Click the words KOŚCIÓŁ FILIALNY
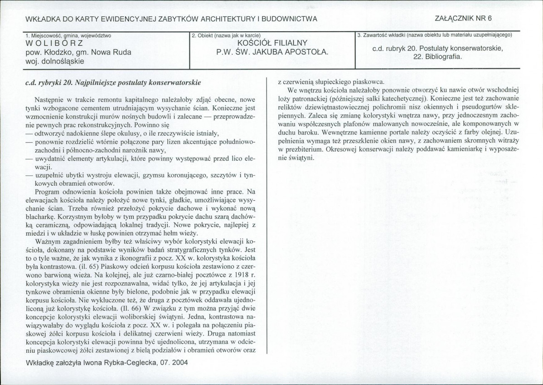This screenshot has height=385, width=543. [272, 44]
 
